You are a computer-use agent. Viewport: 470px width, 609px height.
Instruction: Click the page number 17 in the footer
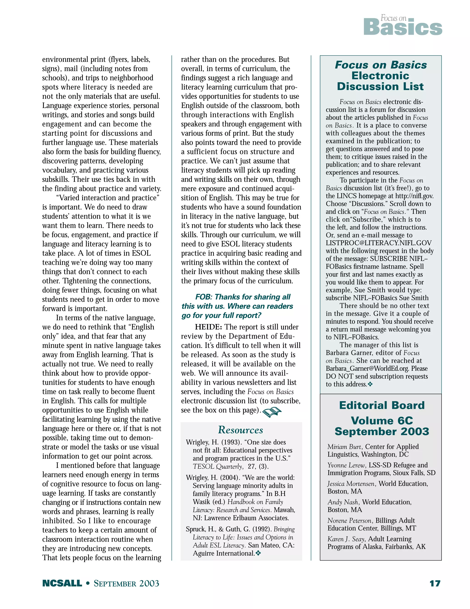(435, 583)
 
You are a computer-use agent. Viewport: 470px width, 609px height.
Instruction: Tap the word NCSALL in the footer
(62, 583)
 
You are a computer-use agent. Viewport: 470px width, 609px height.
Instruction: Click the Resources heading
(241, 430)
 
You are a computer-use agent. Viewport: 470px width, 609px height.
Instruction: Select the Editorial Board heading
(382, 405)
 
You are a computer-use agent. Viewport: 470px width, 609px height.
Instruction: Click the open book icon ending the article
(272, 412)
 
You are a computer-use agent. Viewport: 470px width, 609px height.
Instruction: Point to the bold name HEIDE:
(208, 327)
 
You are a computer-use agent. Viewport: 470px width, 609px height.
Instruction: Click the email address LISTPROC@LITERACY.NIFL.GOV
(378, 243)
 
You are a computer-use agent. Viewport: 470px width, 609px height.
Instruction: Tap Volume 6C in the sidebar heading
(382, 421)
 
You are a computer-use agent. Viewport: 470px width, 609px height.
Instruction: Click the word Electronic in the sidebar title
(380, 76)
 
